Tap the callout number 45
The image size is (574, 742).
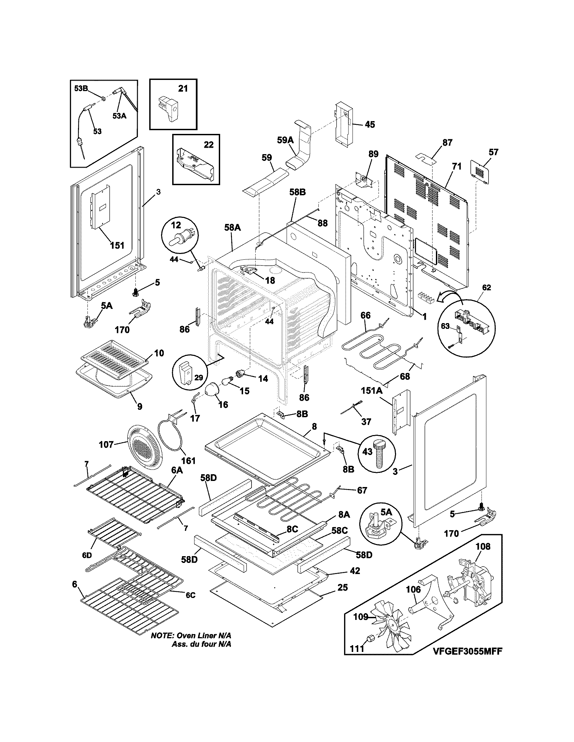[x=370, y=125]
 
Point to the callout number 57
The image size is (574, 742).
[x=493, y=152]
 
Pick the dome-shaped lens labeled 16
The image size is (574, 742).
[x=213, y=389]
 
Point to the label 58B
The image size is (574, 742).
[x=297, y=192]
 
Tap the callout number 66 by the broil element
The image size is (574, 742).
[x=365, y=315]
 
